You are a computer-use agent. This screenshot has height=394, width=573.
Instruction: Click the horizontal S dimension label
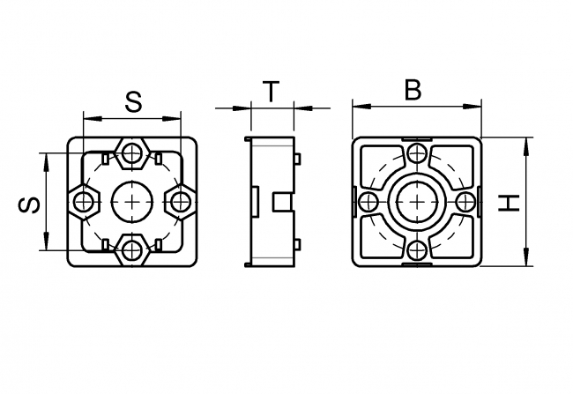point(132,101)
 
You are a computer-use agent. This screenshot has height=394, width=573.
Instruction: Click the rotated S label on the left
point(29,204)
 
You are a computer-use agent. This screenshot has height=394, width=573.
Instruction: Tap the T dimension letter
point(272,90)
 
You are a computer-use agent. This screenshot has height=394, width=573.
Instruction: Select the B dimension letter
point(412,90)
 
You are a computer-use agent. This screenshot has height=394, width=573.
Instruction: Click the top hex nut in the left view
point(132,153)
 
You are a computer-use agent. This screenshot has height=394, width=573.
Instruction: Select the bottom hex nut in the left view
point(132,250)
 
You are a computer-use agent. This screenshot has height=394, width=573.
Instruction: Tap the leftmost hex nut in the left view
point(84,202)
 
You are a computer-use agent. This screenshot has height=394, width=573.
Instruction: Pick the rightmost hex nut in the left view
point(181,202)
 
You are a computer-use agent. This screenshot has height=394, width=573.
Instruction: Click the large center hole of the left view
point(132,202)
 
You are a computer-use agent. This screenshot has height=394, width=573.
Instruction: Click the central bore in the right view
point(417,202)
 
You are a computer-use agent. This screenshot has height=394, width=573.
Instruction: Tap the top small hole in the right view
point(417,154)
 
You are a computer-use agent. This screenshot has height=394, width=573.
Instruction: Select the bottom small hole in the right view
point(417,249)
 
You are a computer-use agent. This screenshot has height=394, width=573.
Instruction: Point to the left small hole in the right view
point(369,202)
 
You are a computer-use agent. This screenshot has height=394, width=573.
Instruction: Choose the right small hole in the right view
point(465,202)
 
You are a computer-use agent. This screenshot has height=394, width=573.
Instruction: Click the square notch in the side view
point(281,202)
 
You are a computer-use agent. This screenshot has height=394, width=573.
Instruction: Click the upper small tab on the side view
point(298,160)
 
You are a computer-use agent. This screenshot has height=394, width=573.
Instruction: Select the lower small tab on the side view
point(298,244)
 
